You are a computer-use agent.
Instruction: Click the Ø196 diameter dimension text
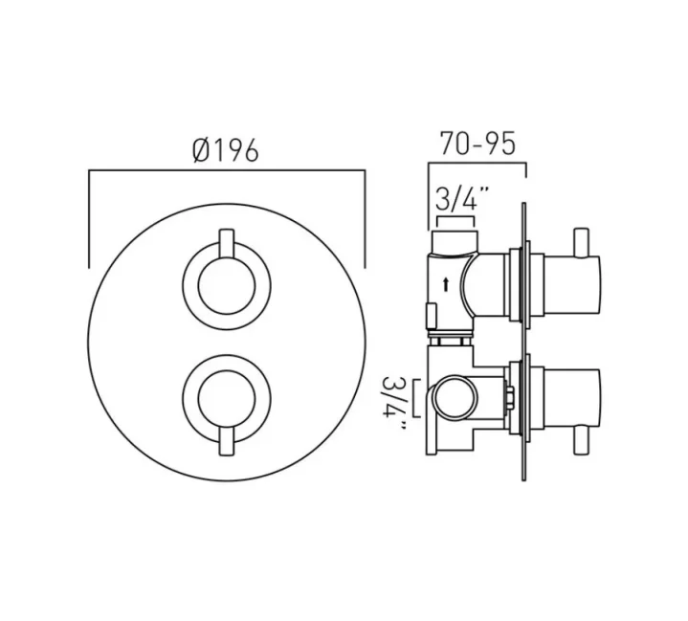pyautogui.click(x=226, y=150)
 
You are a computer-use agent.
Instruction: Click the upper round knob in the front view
pyautogui.click(x=226, y=286)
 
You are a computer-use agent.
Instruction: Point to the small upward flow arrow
pyautogui.click(x=446, y=283)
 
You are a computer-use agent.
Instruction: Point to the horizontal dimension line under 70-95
pyautogui.click(x=477, y=165)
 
